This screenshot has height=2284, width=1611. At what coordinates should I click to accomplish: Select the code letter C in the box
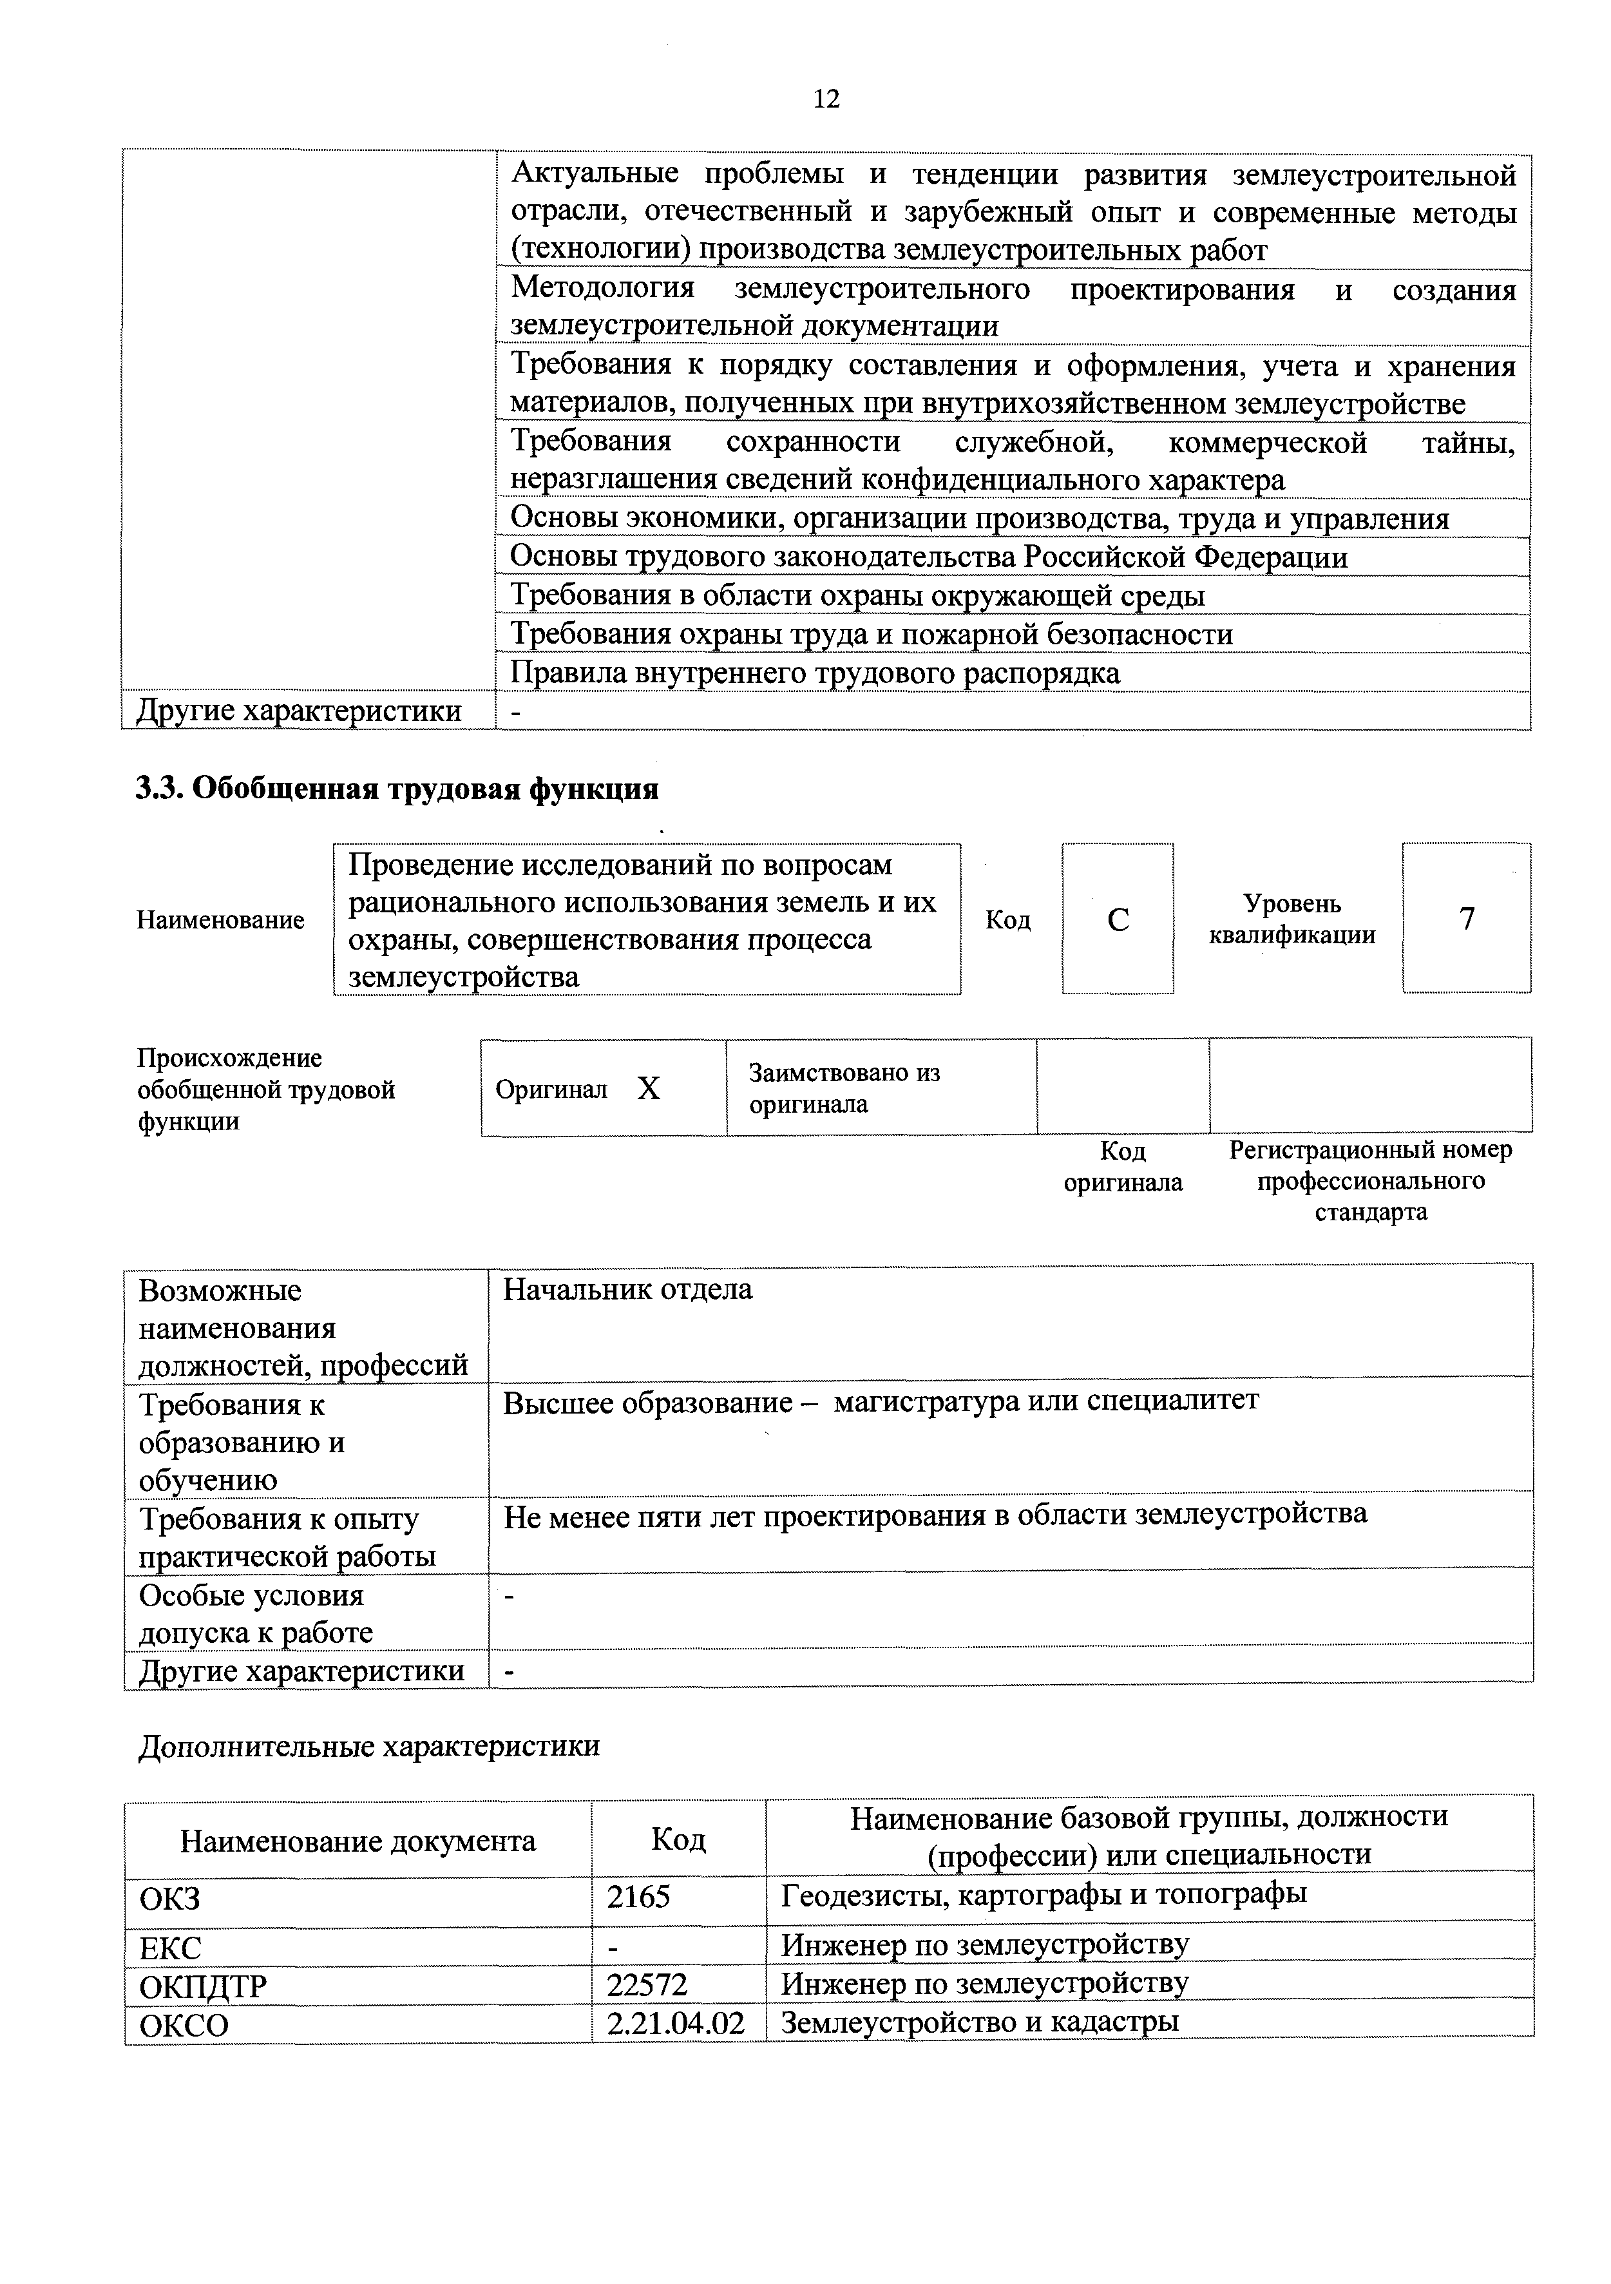(1117, 919)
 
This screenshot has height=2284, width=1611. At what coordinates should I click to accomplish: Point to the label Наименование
(221, 919)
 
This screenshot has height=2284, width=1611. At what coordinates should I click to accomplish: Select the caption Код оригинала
(1123, 1166)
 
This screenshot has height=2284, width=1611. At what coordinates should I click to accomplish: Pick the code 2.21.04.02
(676, 2022)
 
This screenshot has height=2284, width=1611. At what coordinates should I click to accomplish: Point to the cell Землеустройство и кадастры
(980, 2021)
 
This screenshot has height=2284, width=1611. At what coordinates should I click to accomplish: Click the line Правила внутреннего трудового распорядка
(814, 673)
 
